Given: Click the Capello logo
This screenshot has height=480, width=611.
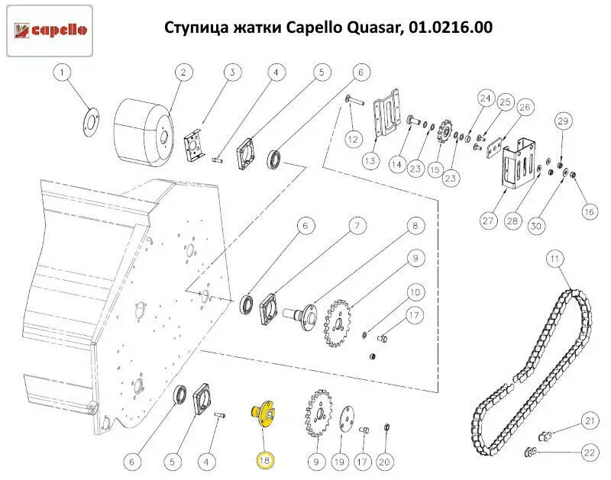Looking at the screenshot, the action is tap(50, 31).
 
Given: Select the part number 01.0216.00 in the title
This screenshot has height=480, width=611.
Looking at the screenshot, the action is tap(450, 27).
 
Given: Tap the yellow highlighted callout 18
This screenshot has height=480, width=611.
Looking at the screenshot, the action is tap(265, 460).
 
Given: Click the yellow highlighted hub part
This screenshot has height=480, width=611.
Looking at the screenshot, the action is tap(262, 414).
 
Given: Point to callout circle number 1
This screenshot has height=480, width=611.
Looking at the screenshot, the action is tap(63, 72).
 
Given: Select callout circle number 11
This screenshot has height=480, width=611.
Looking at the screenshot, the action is tap(555, 259).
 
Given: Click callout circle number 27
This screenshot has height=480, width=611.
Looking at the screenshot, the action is tap(488, 221).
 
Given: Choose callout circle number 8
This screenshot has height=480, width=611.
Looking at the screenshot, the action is tap(415, 226).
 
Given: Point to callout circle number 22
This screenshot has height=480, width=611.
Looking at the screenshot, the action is tap(589, 453).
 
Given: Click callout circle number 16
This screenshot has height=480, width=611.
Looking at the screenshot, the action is tap(589, 212).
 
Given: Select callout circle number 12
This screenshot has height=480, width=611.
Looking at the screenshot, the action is tap(353, 140).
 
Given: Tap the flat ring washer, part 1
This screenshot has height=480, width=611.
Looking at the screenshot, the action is tap(92, 122).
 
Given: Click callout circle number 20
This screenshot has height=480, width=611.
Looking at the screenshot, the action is tap(384, 462).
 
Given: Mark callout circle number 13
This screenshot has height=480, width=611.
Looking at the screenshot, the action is tap(370, 160).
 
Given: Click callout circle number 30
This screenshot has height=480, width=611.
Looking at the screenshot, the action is tap(536, 226).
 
